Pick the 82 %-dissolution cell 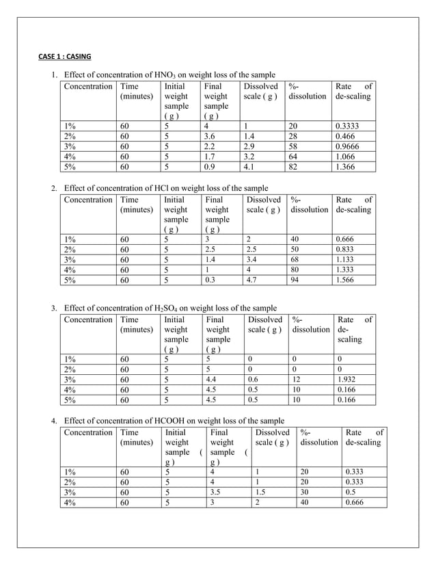tap(294, 166)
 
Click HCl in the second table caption tap(176, 188)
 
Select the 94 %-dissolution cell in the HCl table tap(294, 279)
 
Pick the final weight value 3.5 tap(217, 491)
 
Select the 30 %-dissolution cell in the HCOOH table tap(305, 491)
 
